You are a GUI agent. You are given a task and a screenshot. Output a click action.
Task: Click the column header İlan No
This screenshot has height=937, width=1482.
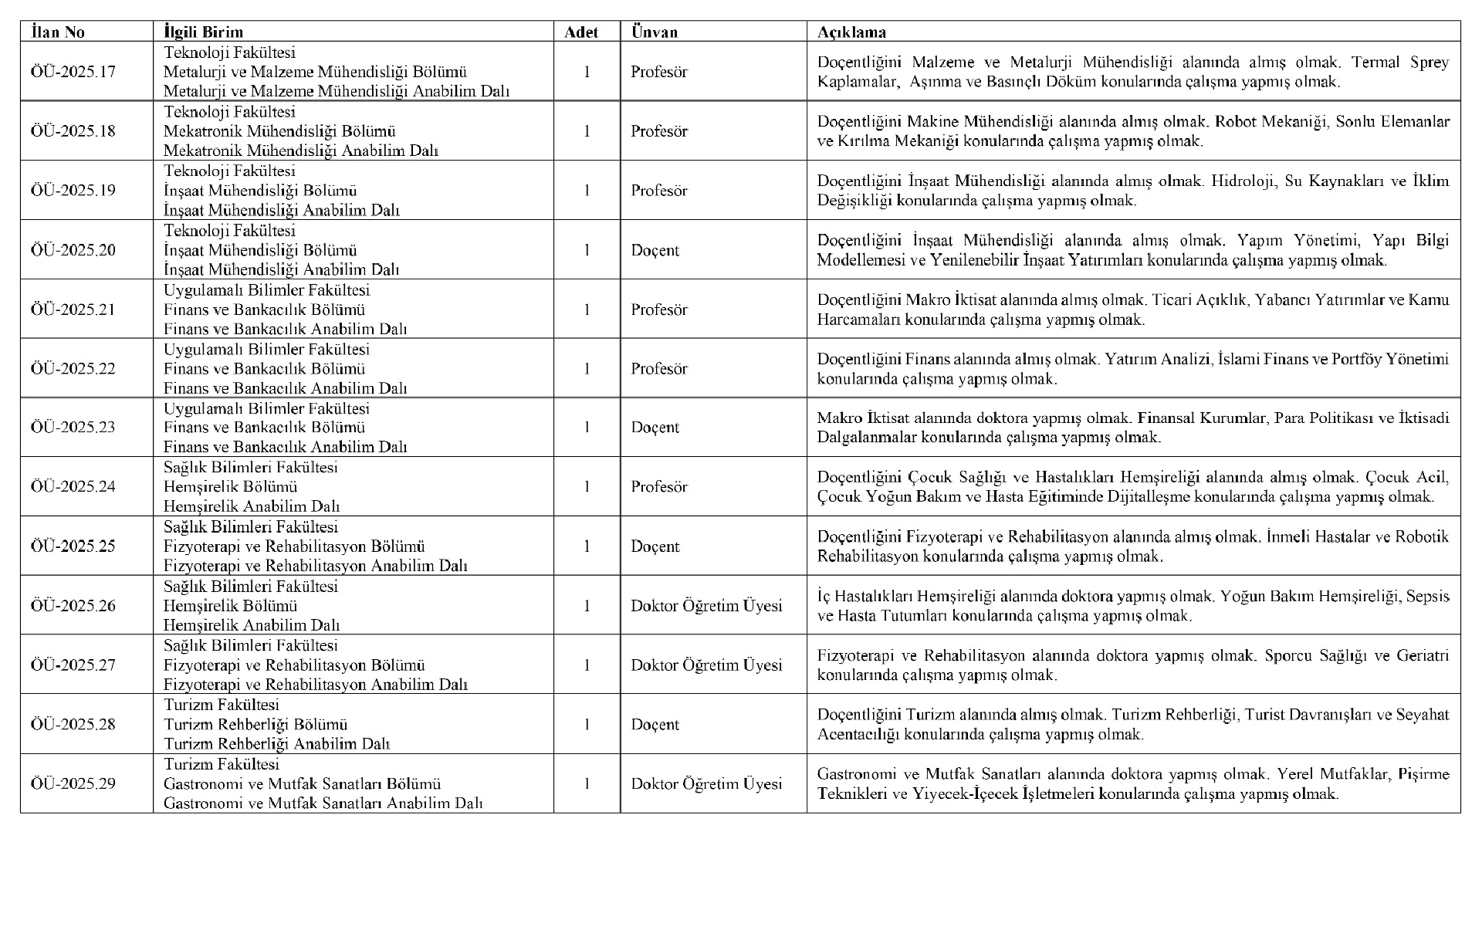click(58, 32)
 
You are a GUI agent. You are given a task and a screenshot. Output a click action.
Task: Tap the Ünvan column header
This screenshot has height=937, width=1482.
click(654, 32)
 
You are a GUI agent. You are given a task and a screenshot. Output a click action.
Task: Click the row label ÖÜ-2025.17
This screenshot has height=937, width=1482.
click(73, 72)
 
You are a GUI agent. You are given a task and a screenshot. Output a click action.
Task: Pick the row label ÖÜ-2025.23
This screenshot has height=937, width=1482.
click(73, 428)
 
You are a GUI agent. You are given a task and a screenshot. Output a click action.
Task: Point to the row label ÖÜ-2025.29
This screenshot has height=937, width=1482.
click(73, 783)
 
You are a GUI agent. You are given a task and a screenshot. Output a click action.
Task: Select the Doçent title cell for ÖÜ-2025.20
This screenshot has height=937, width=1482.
click(655, 250)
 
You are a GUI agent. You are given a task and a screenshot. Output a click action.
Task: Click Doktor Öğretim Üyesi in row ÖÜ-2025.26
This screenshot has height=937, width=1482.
click(706, 606)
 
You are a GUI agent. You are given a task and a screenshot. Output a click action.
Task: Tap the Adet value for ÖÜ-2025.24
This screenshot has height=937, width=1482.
click(587, 487)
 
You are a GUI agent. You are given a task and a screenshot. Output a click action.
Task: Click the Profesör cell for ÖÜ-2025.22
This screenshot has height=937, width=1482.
click(658, 369)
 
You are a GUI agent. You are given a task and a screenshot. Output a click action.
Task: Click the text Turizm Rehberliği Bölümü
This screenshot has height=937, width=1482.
click(255, 725)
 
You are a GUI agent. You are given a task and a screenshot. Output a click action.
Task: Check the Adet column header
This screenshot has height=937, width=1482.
click(581, 32)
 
